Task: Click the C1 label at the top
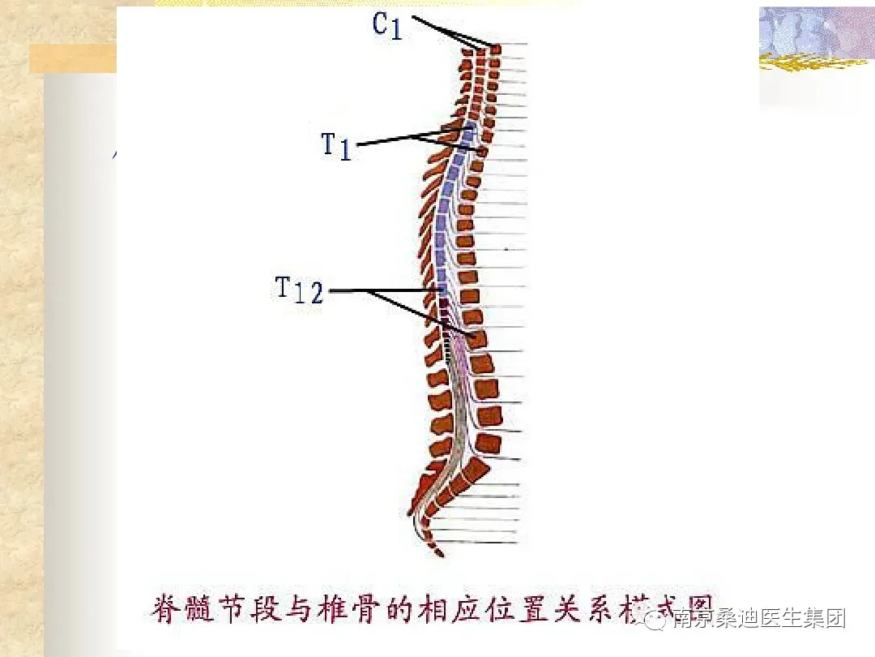[387, 25]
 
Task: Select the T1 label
[336, 146]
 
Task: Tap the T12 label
[299, 290]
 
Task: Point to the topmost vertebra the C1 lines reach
[495, 49]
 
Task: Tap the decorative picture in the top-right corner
[815, 41]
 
